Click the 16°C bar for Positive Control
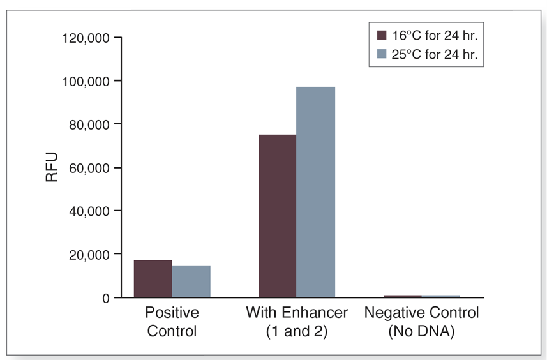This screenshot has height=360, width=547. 153,279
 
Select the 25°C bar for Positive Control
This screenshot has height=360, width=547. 191,281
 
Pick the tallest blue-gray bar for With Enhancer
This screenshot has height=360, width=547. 315,192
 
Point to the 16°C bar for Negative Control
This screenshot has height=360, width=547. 402,296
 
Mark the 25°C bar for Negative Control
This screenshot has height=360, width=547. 440,296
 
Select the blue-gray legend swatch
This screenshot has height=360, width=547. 382,55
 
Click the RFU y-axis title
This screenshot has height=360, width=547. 52,167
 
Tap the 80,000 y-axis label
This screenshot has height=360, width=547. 89,124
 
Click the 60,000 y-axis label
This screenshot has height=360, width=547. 89,168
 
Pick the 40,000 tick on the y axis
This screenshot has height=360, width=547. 89,211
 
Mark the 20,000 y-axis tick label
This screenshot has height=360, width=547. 89,255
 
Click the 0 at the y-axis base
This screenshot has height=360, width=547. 106,298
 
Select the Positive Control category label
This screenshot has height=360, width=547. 172,322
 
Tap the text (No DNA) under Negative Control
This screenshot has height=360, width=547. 421,332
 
